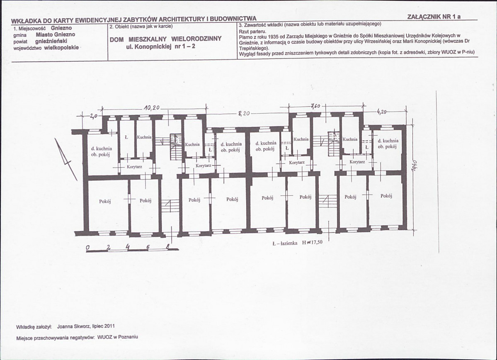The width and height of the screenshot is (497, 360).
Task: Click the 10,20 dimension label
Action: click(152, 108)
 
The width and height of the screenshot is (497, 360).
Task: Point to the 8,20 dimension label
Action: click(244, 113)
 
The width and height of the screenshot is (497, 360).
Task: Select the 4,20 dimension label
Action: click(382, 112)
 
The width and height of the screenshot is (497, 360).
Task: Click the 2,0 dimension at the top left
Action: click(94, 116)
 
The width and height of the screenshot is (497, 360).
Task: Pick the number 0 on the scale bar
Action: click(88, 248)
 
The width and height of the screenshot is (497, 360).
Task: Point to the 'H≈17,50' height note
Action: click(313, 243)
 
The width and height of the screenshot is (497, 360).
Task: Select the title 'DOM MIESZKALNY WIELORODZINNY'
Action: click(165, 39)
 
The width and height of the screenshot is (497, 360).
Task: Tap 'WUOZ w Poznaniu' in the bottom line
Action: click(118, 337)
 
